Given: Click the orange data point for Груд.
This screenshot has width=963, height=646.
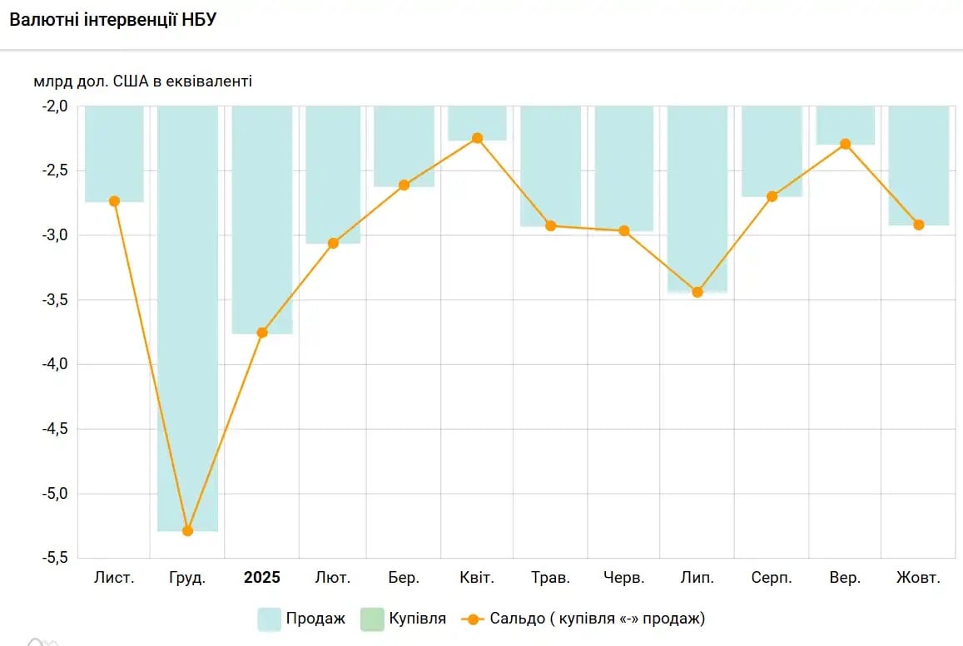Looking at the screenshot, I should click(187, 530).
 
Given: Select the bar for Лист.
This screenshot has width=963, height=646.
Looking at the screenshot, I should click(114, 154).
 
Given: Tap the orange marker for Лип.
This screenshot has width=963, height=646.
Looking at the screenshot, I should click(697, 292).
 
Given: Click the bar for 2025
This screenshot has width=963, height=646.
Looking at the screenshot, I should click(262, 219).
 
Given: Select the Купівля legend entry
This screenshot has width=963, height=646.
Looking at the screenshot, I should click(404, 619).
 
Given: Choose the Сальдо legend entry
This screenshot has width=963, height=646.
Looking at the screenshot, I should click(583, 619).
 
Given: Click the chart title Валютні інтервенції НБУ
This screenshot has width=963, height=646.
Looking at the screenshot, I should click(112, 20).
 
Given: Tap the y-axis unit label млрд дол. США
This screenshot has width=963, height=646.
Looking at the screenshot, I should click(142, 81).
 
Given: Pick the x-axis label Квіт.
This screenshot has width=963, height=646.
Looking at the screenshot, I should click(477, 578).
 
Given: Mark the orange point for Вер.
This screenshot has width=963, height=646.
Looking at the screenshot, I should click(846, 144).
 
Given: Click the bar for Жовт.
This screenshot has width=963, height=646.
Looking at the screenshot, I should click(919, 165).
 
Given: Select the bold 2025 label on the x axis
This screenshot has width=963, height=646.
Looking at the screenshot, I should click(262, 578).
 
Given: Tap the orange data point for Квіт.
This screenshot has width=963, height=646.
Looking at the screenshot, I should click(477, 138).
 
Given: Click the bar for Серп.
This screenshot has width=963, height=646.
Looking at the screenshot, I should click(772, 151).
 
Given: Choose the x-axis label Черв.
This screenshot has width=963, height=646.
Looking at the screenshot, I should click(624, 578).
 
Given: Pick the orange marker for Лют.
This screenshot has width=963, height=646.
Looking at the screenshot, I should click(333, 244).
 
